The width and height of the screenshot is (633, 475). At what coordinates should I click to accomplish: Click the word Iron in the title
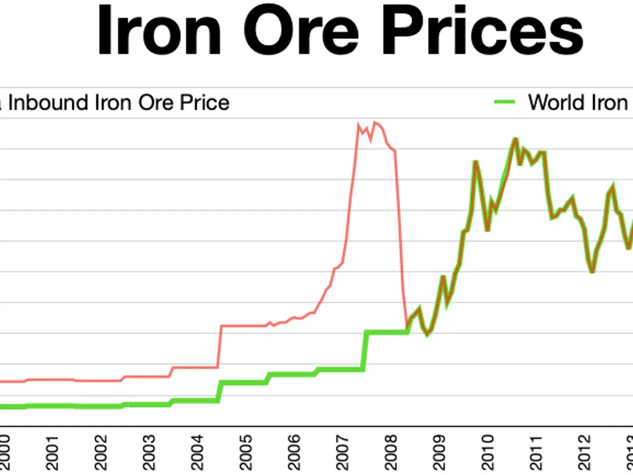(159, 31)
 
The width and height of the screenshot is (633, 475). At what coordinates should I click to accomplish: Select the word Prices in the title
(482, 31)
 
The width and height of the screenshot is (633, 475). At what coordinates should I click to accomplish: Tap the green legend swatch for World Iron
(504, 102)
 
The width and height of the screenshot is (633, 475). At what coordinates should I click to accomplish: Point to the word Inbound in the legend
(48, 102)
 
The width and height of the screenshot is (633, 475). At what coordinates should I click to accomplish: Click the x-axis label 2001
(52, 452)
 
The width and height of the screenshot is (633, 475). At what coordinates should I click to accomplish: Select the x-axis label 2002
(100, 452)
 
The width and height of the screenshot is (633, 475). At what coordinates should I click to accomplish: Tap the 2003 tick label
(149, 452)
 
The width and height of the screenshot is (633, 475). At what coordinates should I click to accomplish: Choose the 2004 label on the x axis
(197, 452)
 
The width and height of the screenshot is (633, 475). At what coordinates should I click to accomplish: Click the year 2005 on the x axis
(246, 452)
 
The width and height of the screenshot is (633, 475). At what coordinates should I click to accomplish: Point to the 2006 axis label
(294, 452)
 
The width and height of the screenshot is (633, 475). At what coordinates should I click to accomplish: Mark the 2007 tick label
(343, 452)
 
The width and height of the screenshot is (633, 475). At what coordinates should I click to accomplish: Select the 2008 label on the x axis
(391, 452)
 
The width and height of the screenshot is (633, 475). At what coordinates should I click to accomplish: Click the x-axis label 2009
(440, 452)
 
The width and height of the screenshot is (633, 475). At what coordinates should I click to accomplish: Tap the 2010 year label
(488, 452)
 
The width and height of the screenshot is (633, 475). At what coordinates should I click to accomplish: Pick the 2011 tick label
(537, 452)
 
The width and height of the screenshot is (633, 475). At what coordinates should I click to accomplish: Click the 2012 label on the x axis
(585, 452)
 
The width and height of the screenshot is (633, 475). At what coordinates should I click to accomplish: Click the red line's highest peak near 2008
(375, 122)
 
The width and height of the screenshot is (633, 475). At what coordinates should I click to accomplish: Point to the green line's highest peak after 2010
(515, 139)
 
